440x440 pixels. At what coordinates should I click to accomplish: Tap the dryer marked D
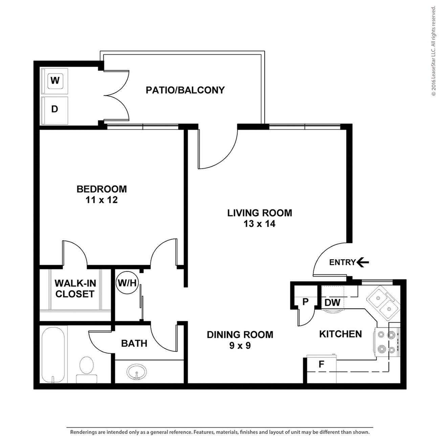(54, 111)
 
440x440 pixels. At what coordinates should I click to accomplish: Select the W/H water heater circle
(127, 283)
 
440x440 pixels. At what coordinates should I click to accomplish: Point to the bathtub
(53, 355)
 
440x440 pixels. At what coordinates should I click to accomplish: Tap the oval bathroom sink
(136, 372)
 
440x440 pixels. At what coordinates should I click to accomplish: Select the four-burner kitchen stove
(386, 342)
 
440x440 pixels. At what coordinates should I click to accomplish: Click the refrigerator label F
(321, 364)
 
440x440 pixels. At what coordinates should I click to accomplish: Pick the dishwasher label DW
(332, 303)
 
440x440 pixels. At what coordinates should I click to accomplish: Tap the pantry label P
(306, 302)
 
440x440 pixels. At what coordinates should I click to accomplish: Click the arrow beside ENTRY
(363, 262)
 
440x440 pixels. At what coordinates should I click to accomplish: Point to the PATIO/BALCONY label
(185, 90)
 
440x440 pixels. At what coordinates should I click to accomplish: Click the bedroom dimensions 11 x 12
(102, 200)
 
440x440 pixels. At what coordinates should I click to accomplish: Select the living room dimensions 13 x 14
(259, 223)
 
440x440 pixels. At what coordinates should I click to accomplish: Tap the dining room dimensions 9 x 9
(240, 346)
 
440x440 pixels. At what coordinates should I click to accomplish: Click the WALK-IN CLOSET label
(75, 289)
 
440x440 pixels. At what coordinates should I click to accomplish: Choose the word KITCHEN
(340, 334)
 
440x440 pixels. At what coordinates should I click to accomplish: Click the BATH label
(134, 344)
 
